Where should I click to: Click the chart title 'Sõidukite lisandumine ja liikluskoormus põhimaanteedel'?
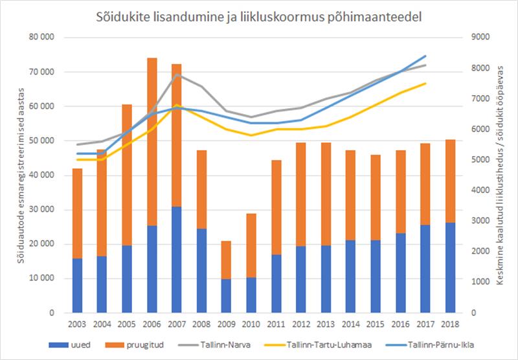258,16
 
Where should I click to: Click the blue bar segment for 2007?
176,260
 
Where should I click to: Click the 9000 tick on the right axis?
479,37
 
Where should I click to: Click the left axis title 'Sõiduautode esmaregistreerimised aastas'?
21,175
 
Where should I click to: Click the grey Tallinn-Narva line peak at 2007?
176,74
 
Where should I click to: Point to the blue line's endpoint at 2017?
425,56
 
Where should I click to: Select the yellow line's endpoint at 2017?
425,83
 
